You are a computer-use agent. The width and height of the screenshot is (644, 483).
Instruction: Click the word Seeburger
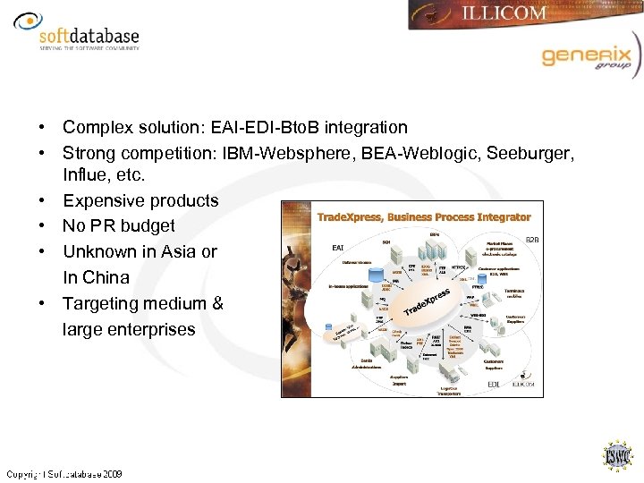(x=530, y=154)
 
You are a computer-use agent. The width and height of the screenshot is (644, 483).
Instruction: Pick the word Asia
(x=178, y=252)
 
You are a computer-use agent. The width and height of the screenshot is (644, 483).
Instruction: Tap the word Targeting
(x=101, y=303)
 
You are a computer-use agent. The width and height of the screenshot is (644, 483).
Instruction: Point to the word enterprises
(x=151, y=329)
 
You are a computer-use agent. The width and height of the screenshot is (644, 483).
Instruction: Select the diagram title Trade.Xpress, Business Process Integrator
(x=424, y=217)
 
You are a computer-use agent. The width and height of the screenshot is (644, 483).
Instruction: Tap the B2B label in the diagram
(x=532, y=241)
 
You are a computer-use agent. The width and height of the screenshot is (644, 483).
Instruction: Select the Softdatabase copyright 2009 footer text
(x=64, y=474)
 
